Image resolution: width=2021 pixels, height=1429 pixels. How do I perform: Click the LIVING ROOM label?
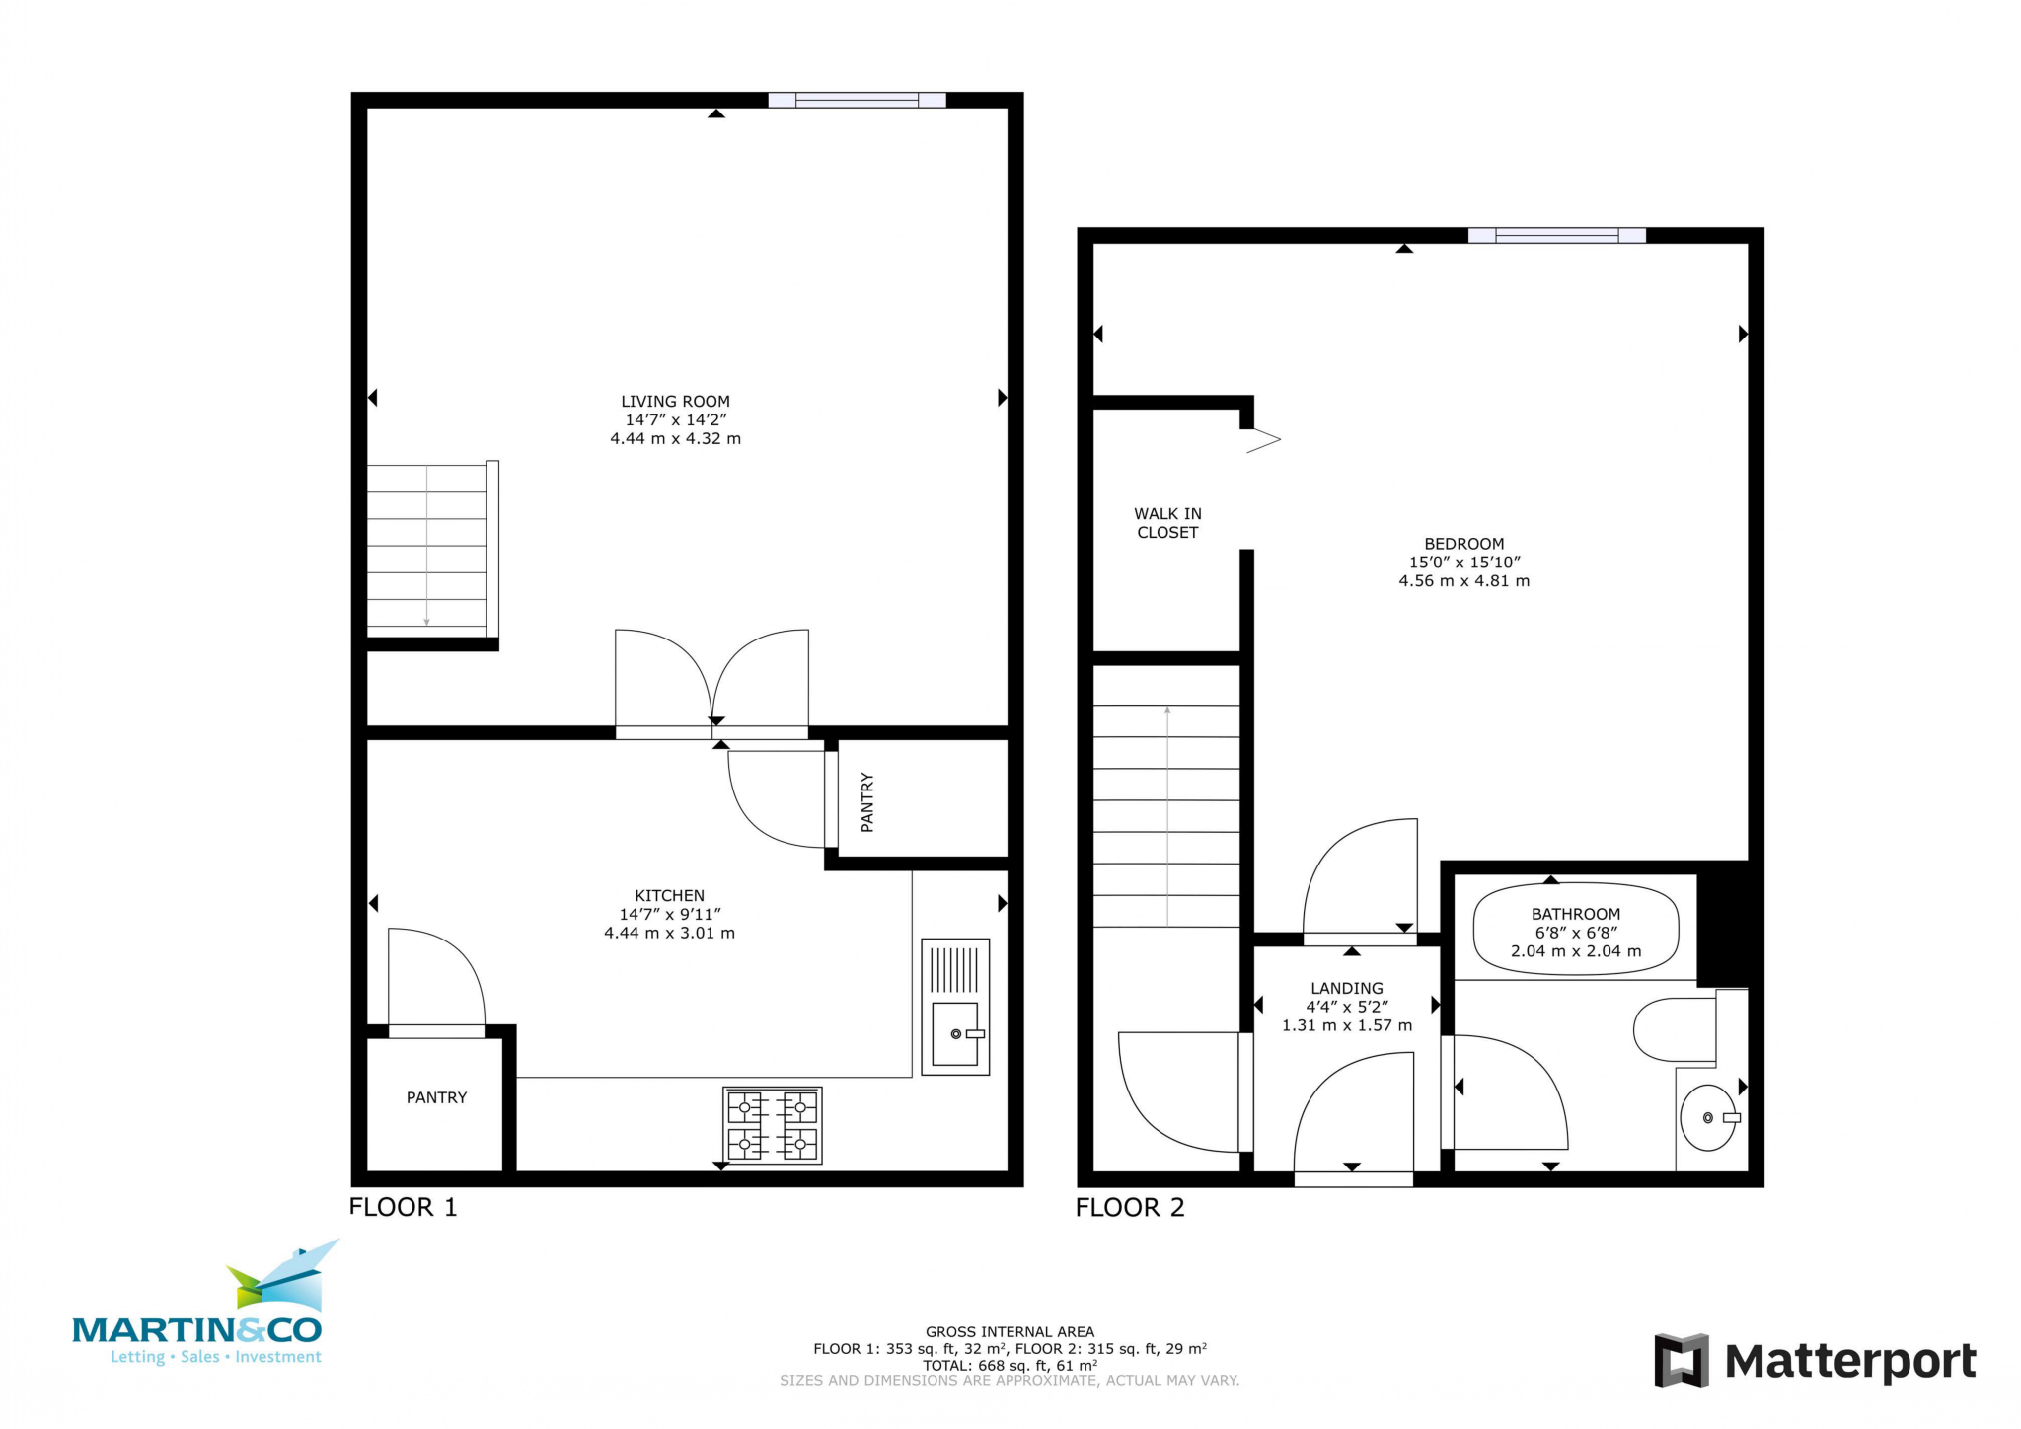click(675, 401)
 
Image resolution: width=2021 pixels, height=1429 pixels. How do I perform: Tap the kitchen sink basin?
click(954, 1033)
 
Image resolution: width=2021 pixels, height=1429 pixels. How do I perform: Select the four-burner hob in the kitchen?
click(773, 1125)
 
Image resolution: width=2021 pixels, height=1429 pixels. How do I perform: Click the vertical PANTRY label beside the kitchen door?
click(867, 801)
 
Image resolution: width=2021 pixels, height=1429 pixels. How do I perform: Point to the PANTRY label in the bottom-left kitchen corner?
click(436, 1097)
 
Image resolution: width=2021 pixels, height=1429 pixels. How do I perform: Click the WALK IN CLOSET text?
click(1167, 523)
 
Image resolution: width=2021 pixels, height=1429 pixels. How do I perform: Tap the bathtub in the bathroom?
click(1575, 929)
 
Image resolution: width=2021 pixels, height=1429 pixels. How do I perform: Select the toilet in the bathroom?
click(1675, 1029)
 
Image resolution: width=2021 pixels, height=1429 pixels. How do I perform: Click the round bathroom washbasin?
click(1707, 1118)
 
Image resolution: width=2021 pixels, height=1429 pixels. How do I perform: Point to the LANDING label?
click(1346, 988)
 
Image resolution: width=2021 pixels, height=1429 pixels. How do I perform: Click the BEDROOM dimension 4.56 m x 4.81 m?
click(1463, 581)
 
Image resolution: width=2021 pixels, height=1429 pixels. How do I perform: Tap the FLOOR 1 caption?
click(403, 1207)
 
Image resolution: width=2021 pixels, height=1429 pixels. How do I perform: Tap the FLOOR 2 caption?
click(1129, 1207)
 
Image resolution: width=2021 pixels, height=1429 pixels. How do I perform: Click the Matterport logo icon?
click(1681, 1360)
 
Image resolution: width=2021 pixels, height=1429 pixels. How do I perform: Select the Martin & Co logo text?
click(197, 1330)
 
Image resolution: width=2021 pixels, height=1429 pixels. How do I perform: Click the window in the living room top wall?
click(857, 100)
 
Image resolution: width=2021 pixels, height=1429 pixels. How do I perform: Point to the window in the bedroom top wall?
click(1556, 235)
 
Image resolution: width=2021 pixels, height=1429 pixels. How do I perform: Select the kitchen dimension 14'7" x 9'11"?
click(669, 914)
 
